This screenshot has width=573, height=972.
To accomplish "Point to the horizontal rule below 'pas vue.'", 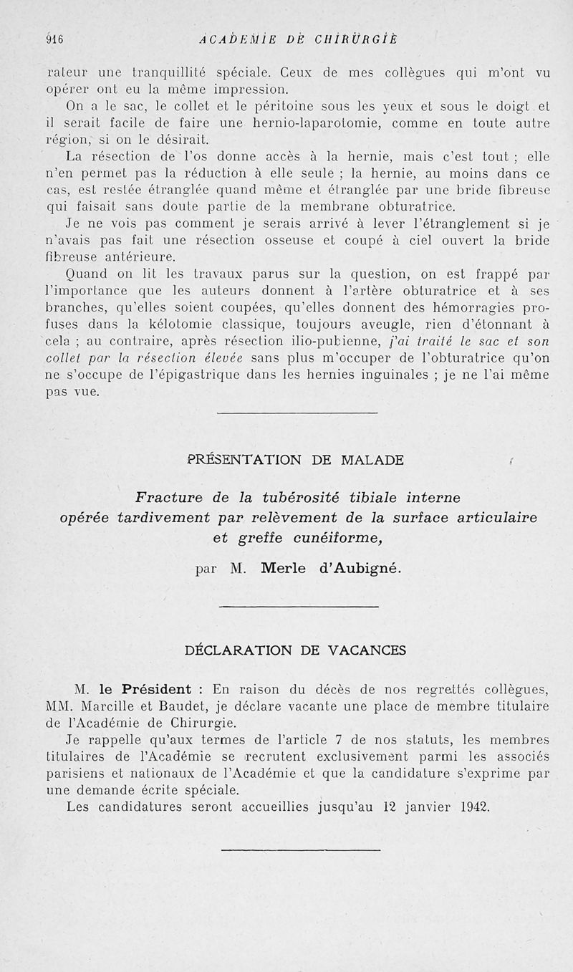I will coord(297,413).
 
